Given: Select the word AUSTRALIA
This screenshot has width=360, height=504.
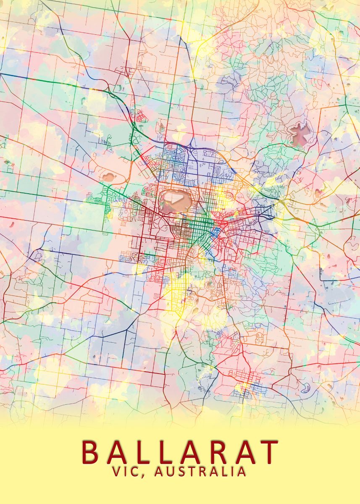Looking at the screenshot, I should (x=200, y=471).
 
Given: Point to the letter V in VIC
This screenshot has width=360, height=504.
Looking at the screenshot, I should (x=116, y=471).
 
